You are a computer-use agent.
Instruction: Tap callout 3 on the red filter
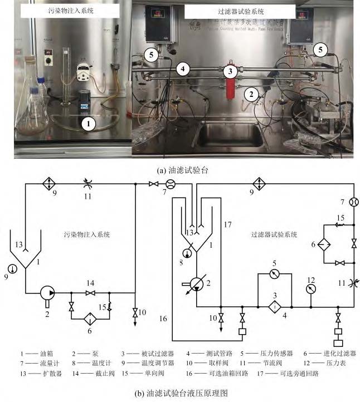pos(229,71)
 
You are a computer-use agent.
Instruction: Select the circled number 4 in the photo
pos(181,69)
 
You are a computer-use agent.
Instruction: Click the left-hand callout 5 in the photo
pos(150,54)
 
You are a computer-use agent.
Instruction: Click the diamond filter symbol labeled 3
pos(274,306)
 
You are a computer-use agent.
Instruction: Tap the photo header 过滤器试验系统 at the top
pos(240,11)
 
